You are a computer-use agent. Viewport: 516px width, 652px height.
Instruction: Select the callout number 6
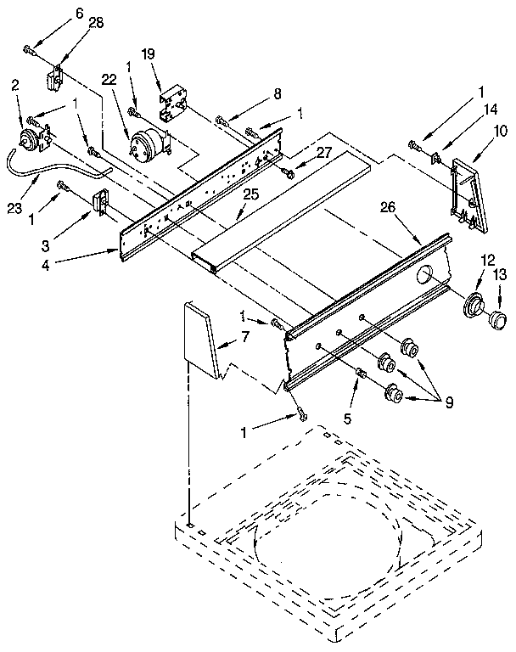56,13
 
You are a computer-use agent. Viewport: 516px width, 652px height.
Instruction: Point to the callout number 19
149,53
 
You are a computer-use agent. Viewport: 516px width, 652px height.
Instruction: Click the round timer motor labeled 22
146,141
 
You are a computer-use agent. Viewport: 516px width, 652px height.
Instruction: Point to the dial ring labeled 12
474,304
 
